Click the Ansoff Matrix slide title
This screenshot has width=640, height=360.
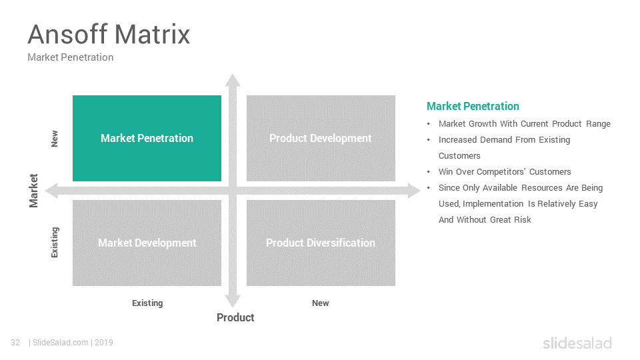(109, 34)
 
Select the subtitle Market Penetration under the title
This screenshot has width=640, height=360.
(70, 57)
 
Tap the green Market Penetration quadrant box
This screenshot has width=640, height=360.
(147, 139)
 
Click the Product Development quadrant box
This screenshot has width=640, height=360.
(321, 139)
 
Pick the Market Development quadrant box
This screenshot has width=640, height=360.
(147, 243)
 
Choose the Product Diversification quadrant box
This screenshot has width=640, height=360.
(321, 243)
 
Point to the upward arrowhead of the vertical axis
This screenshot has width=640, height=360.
(233, 80)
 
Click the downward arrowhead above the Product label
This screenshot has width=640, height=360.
(233, 301)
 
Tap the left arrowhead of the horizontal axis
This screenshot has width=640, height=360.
(51, 191)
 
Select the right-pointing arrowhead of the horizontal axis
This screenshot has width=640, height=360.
(414, 191)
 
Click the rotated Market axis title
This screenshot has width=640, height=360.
(33, 191)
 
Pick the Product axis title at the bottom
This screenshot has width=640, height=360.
(235, 317)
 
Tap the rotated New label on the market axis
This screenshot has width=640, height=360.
(54, 139)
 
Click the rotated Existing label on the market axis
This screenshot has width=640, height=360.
(54, 243)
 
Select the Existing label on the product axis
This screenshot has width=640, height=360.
(147, 303)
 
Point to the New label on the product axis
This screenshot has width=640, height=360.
(321, 303)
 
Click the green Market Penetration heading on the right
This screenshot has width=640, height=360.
(473, 107)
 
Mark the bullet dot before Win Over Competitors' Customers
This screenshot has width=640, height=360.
(429, 172)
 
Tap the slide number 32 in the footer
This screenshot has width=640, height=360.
(15, 343)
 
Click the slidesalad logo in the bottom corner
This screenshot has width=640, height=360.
(577, 343)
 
